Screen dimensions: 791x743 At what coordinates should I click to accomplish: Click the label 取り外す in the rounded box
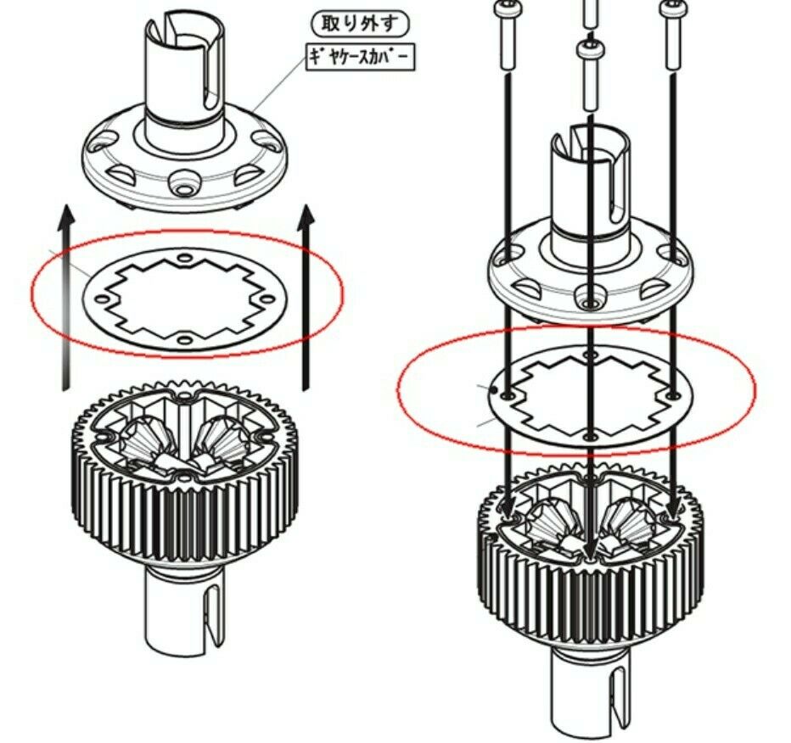(359, 24)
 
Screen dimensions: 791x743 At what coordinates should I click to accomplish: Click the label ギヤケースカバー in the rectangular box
(360, 57)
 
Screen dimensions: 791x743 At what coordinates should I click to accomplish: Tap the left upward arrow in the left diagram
(65, 297)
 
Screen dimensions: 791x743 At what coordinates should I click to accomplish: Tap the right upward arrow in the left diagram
(306, 297)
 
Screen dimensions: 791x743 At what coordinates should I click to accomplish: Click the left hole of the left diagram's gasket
(101, 299)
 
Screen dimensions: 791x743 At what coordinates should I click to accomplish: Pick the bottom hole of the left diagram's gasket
(185, 338)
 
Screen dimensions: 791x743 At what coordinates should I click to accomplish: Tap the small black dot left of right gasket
(495, 389)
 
